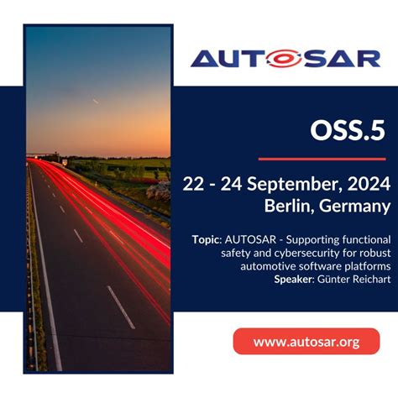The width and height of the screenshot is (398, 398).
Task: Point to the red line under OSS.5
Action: pyautogui.click(x=322, y=158)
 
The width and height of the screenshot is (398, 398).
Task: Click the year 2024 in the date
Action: pyautogui.click(x=366, y=185)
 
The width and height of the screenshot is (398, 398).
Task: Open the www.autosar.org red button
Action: pyautogui.click(x=306, y=342)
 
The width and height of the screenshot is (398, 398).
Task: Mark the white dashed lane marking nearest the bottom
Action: pyautogui.click(x=121, y=306)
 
